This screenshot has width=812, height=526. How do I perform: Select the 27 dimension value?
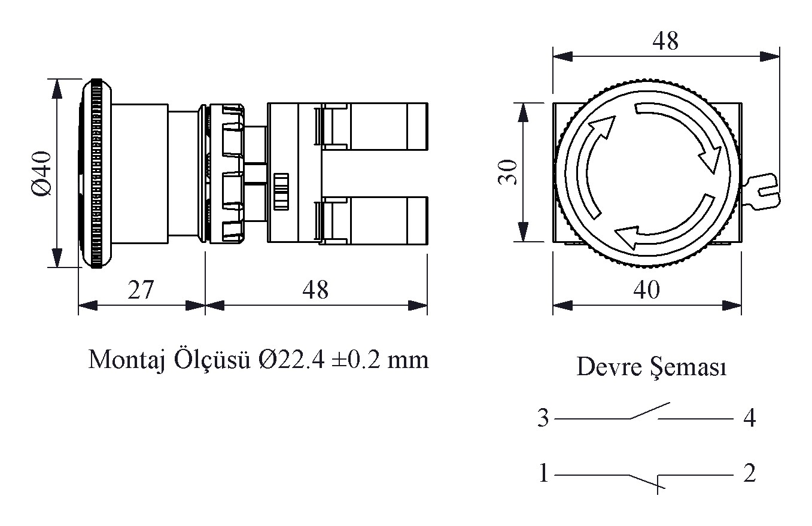pyautogui.click(x=141, y=290)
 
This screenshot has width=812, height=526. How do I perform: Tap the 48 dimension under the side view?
pyautogui.click(x=315, y=290)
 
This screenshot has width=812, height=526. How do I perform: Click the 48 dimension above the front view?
pyautogui.click(x=665, y=41)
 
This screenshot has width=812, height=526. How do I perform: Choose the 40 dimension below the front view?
pyautogui.click(x=646, y=290)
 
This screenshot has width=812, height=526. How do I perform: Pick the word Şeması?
pyautogui.click(x=689, y=367)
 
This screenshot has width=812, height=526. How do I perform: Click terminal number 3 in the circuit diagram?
pyautogui.click(x=543, y=418)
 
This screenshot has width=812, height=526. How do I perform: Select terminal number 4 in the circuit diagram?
pyautogui.click(x=749, y=418)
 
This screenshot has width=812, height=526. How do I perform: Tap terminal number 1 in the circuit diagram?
pyautogui.click(x=543, y=475)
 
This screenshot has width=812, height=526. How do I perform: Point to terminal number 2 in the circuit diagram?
pyautogui.click(x=749, y=475)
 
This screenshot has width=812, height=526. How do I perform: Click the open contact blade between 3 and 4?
pyautogui.click(x=649, y=411)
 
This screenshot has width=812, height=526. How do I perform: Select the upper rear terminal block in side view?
pyautogui.click(x=374, y=126)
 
